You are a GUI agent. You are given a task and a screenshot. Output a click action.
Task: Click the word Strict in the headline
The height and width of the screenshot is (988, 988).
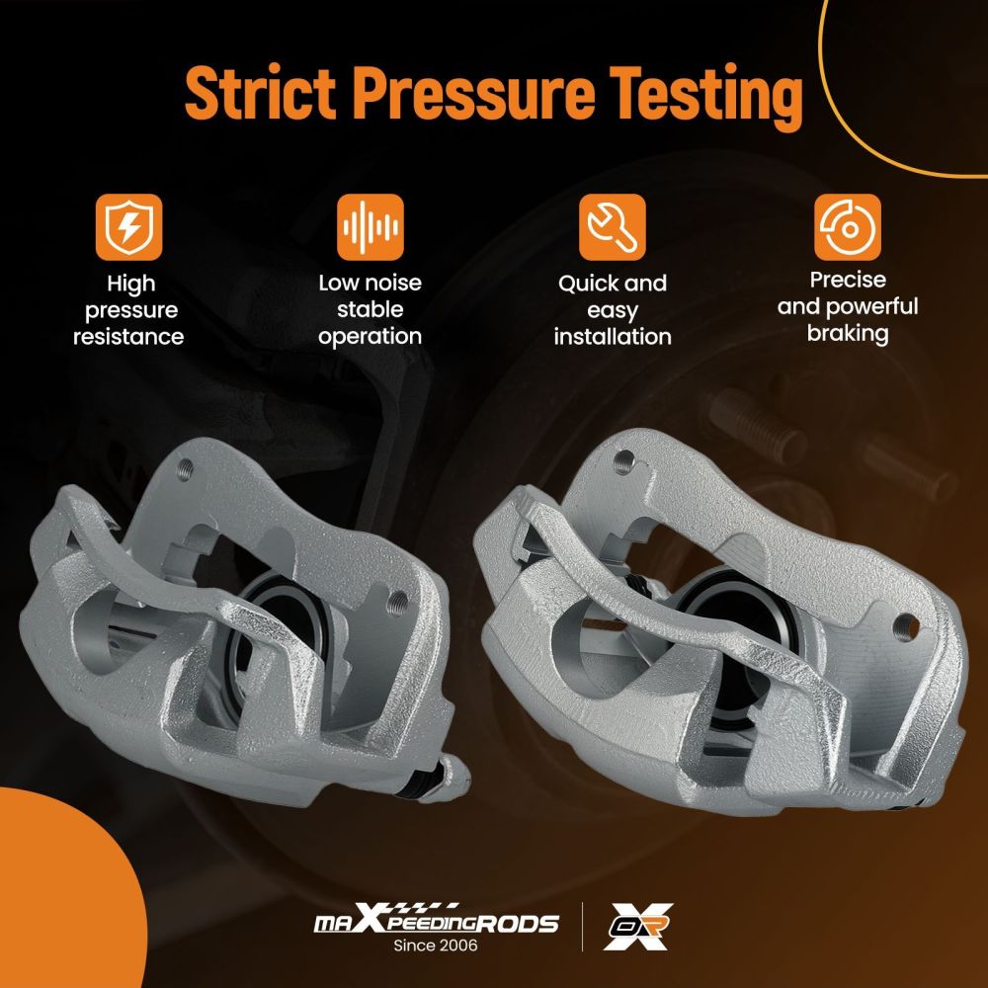tap(260, 93)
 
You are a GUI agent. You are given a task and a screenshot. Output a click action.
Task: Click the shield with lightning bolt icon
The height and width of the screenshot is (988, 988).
tap(129, 227)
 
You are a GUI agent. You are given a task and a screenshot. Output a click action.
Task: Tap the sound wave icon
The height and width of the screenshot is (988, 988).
tap(370, 227)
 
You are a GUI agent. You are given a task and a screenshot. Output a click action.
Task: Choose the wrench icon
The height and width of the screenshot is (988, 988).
tap(612, 227)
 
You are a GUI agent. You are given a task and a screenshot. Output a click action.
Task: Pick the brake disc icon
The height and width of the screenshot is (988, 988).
tap(848, 227)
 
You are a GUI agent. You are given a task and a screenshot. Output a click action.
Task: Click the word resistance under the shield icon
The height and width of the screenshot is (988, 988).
tap(128, 337)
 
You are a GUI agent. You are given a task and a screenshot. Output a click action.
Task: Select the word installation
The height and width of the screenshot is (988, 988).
tap(613, 337)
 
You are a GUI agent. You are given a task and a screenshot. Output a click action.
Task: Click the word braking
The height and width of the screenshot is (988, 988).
tap(848, 334)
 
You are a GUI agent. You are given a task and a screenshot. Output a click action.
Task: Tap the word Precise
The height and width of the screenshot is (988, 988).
tap(848, 280)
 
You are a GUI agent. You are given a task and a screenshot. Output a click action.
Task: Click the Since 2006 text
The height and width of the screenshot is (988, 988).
tap(436, 946)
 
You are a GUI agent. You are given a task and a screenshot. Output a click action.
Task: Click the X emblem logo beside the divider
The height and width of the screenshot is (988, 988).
tap(638, 926)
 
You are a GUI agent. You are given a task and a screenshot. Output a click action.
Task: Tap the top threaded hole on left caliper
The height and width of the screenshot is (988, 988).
tap(185, 468)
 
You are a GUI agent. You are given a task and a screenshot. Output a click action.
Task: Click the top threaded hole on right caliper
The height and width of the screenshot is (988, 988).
tap(623, 461)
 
